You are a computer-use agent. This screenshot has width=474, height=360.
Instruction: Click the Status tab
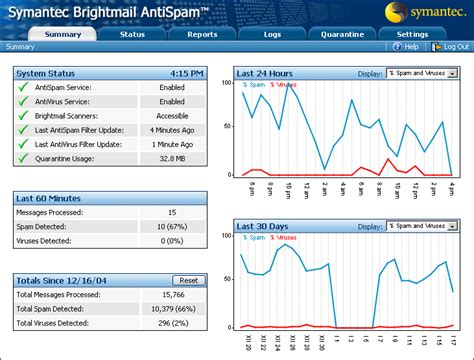tap(132, 33)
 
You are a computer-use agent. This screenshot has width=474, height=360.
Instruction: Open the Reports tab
tap(201, 33)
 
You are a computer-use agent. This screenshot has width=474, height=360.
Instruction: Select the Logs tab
tap(271, 33)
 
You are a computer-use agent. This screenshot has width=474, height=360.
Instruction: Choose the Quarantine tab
tap(341, 33)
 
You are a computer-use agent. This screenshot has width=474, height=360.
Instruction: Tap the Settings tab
tap(412, 33)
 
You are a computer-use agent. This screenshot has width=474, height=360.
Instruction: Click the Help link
tap(406, 46)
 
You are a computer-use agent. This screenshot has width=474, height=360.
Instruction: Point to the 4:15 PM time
tap(187, 73)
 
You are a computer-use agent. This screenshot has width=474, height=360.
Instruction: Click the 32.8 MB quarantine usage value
tap(172, 159)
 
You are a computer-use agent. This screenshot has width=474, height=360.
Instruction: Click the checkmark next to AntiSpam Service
tap(22, 88)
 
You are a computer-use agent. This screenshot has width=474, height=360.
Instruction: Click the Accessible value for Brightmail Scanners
tap(172, 116)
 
